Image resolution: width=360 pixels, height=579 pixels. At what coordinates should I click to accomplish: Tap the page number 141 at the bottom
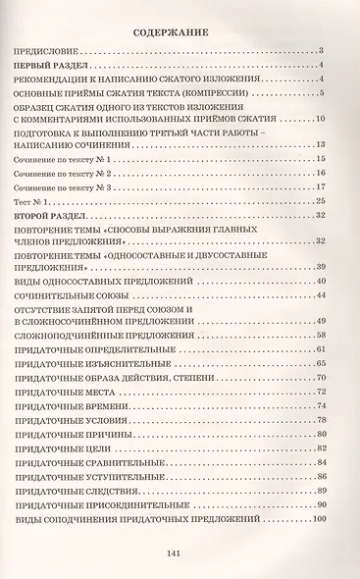(180, 551)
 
